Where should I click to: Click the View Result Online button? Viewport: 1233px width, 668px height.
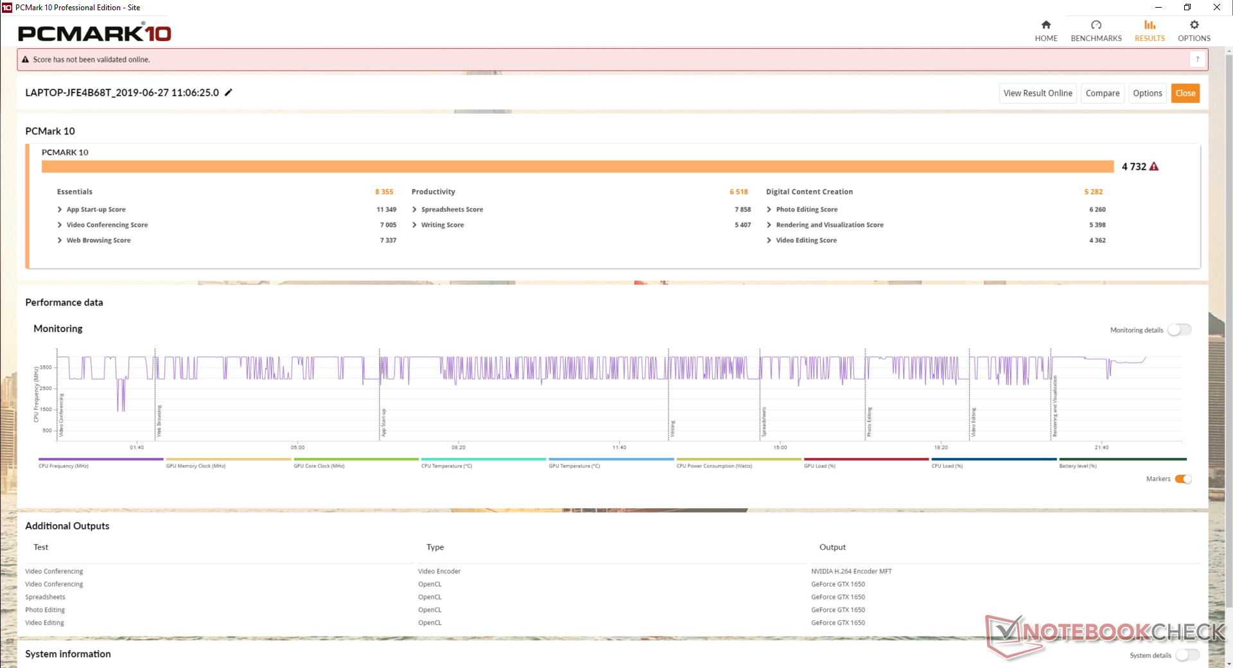[x=1037, y=93]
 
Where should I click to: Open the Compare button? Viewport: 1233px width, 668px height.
[x=1102, y=93]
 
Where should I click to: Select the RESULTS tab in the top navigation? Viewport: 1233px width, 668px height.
[x=1149, y=31]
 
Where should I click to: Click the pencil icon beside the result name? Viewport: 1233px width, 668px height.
[x=229, y=92]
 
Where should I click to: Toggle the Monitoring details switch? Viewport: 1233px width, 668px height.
[x=1179, y=330]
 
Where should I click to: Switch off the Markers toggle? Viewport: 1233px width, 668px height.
[x=1183, y=479]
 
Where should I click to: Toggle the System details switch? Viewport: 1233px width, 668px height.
[x=1187, y=655]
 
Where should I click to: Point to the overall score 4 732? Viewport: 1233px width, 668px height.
[x=1133, y=166]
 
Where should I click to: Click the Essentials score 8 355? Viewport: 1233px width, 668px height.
[x=384, y=191]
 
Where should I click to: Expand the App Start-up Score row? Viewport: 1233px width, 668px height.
[x=60, y=209]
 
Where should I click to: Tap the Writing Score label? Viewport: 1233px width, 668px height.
[x=442, y=225]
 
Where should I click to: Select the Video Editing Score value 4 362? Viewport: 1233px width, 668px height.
[x=1097, y=240]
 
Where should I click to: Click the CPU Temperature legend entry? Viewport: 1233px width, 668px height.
[x=446, y=466]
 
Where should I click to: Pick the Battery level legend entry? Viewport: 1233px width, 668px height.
[x=1078, y=466]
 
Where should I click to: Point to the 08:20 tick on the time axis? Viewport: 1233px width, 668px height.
[x=458, y=447]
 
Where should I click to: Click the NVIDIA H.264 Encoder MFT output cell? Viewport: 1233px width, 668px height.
[x=851, y=571]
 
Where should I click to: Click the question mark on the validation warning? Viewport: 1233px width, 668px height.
[x=1197, y=59]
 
